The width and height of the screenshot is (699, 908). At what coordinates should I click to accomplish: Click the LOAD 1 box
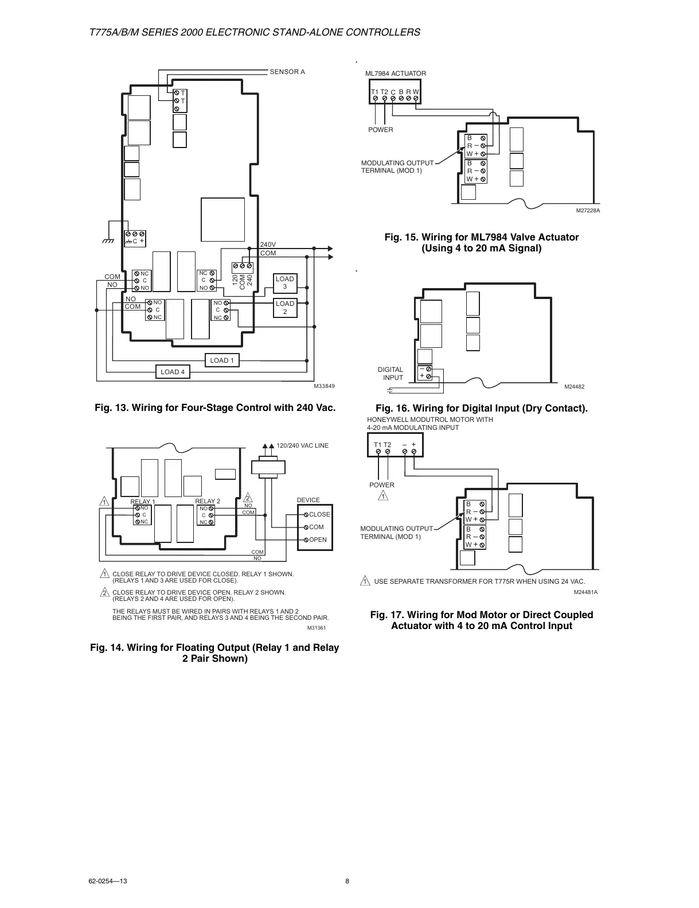[222, 360]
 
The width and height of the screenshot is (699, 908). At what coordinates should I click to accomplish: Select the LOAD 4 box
[173, 372]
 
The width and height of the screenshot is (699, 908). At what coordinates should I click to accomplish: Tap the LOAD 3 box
[285, 282]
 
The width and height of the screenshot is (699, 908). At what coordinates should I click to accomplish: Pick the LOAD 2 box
[285, 308]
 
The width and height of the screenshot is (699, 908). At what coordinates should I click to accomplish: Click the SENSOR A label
[287, 72]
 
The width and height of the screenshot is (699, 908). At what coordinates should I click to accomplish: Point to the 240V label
[268, 245]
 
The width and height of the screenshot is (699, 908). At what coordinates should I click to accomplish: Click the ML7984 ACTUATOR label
[396, 73]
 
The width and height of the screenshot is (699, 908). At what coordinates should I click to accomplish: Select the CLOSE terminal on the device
[319, 514]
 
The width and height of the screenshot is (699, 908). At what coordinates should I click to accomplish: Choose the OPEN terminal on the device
[317, 540]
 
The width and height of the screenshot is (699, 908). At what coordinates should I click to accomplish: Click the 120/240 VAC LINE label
[303, 445]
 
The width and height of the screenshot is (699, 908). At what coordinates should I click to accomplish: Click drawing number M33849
[323, 386]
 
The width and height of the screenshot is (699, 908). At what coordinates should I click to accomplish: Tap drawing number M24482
[574, 386]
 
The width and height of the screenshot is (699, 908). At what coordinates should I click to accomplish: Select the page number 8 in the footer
[347, 882]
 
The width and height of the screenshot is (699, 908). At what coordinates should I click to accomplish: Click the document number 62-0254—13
[108, 882]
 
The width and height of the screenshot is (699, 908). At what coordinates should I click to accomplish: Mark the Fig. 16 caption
[481, 408]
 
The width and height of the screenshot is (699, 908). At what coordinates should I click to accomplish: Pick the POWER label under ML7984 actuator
[381, 130]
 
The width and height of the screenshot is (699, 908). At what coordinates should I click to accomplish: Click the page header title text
[255, 32]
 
